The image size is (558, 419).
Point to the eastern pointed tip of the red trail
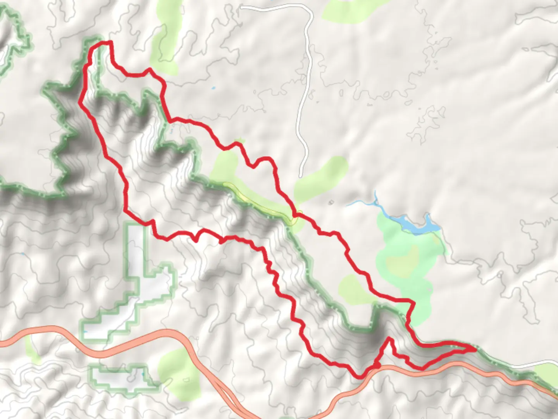474,349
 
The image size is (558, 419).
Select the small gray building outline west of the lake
331,202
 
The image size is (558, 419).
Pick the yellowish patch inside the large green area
403,260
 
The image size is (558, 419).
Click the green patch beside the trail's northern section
165,43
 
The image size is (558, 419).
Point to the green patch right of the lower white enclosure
178,369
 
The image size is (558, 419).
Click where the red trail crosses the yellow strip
294,215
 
